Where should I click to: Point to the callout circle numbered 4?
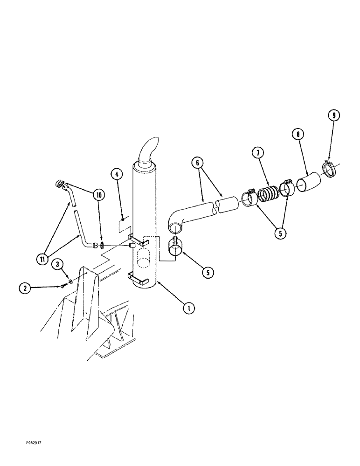[x=117, y=175]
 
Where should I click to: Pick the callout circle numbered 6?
[x=197, y=163]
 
